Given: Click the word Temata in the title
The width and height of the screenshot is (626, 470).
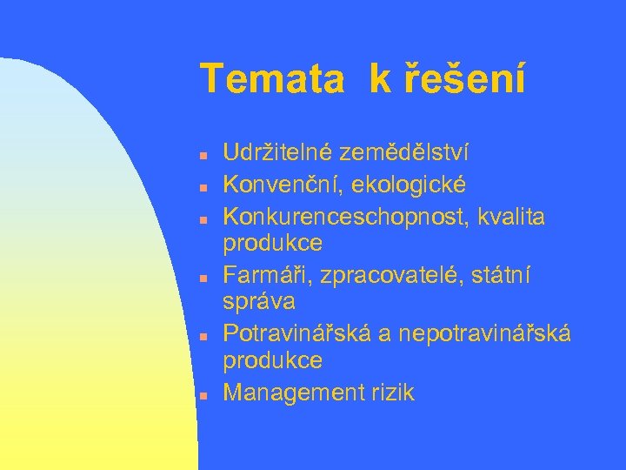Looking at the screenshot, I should click(x=272, y=79).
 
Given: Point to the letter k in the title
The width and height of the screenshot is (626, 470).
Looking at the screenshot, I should click(x=379, y=79).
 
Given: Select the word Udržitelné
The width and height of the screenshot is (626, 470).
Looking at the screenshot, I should click(x=278, y=154).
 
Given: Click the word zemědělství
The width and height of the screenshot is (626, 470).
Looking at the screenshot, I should click(x=404, y=154).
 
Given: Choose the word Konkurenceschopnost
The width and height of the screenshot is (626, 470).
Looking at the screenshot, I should click(x=345, y=216).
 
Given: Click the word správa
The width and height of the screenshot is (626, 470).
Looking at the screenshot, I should click(x=259, y=302).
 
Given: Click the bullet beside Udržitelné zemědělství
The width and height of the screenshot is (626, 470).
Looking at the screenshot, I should click(x=202, y=157).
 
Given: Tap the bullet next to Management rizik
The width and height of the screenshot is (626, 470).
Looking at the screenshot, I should click(x=202, y=395).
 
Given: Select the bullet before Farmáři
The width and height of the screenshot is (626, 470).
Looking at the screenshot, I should click(x=202, y=278).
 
